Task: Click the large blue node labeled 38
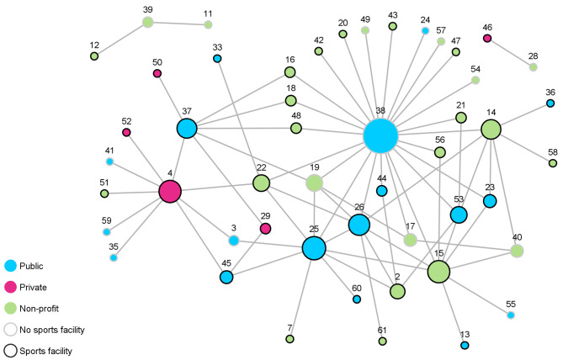tap(380, 135)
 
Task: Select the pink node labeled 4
tap(171, 192)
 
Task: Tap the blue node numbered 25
tap(314, 248)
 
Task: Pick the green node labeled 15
tap(438, 272)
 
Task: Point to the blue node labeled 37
tap(187, 128)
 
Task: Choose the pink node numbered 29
tap(266, 228)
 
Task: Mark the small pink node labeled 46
tap(487, 38)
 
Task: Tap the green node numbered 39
tap(148, 22)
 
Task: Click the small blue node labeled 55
tap(511, 315)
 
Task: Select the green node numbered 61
tap(383, 341)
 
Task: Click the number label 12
tap(94, 45)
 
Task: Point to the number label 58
tap(553, 151)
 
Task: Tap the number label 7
tap(289, 327)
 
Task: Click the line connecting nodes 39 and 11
tap(178, 24)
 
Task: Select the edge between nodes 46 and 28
tap(510, 52)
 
